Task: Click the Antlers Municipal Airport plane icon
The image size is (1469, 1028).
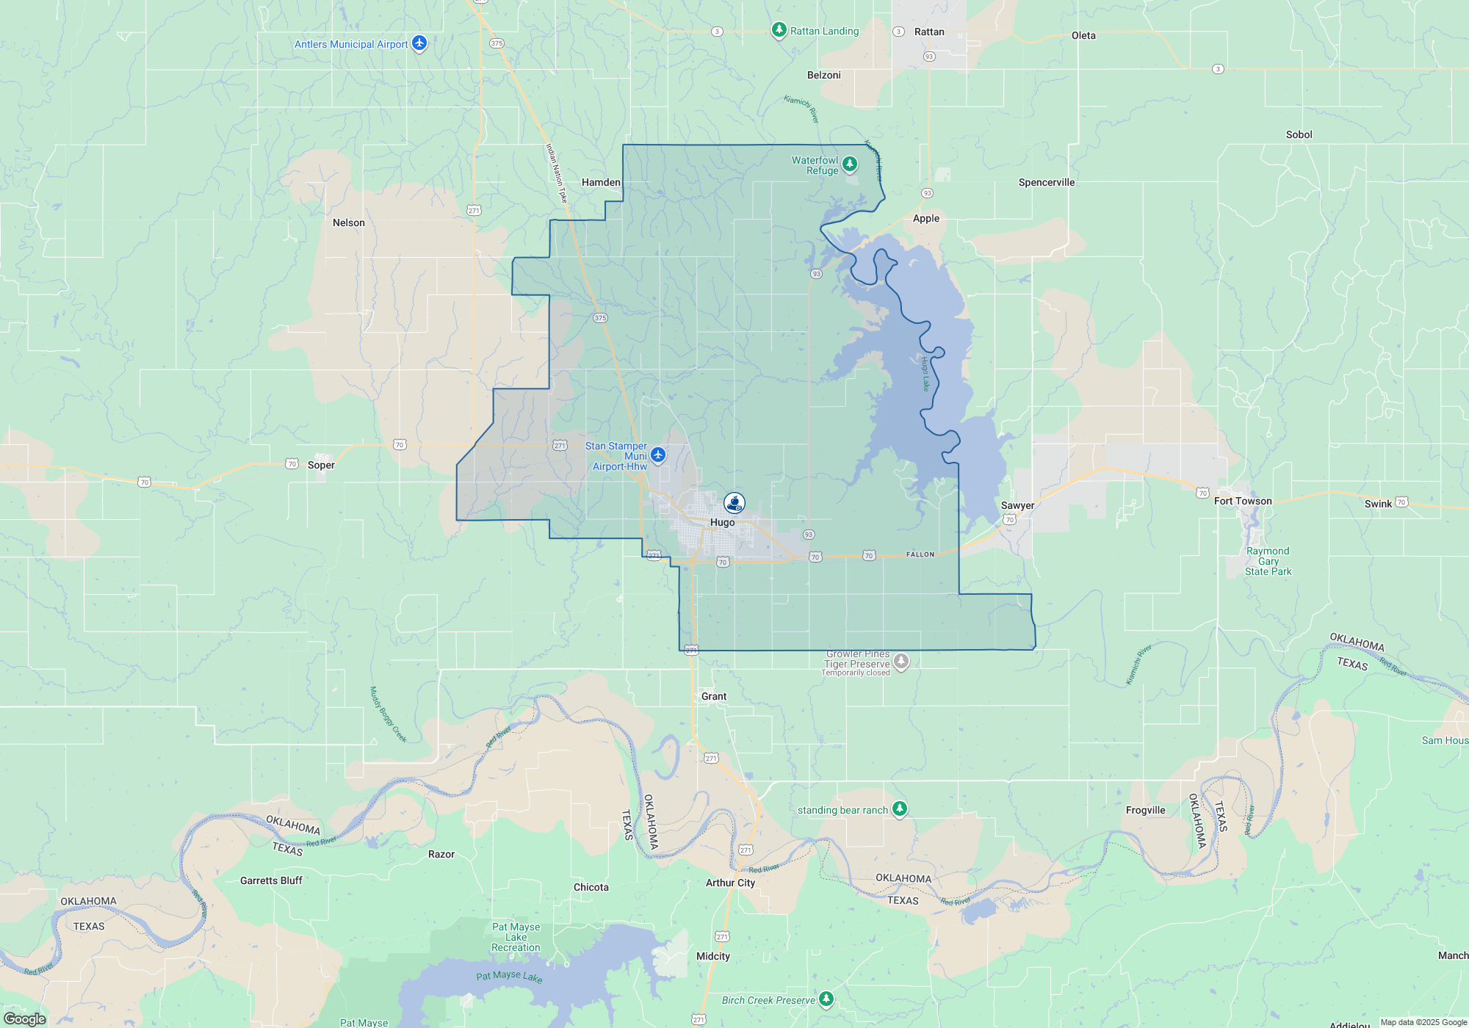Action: click(x=419, y=43)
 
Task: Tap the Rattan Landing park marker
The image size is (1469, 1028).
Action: click(x=779, y=30)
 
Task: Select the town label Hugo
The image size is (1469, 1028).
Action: click(x=722, y=523)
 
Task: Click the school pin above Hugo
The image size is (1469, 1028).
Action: click(x=734, y=502)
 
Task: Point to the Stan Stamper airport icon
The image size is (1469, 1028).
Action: click(x=658, y=455)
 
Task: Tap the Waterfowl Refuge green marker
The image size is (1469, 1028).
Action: click(x=850, y=164)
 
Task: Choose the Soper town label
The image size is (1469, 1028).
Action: click(x=321, y=466)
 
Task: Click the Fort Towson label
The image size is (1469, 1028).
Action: click(x=1243, y=502)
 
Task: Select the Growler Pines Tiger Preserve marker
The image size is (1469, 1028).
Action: click(x=901, y=662)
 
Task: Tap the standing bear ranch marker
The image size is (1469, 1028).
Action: click(x=900, y=809)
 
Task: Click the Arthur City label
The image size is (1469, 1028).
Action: click(x=730, y=883)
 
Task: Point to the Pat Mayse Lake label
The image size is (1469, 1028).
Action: click(x=509, y=977)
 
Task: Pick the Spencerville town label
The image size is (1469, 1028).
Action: click(x=1046, y=183)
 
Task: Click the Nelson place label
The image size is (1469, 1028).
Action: click(x=348, y=223)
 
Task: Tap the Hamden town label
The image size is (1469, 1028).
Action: click(x=601, y=183)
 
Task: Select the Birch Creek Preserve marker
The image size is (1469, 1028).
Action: click(x=826, y=999)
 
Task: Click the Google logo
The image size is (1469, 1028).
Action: click(x=25, y=1019)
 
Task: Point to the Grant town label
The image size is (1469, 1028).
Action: click(x=713, y=697)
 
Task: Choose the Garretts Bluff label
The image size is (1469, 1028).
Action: click(x=271, y=881)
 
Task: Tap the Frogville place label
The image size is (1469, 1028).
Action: click(x=1145, y=811)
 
